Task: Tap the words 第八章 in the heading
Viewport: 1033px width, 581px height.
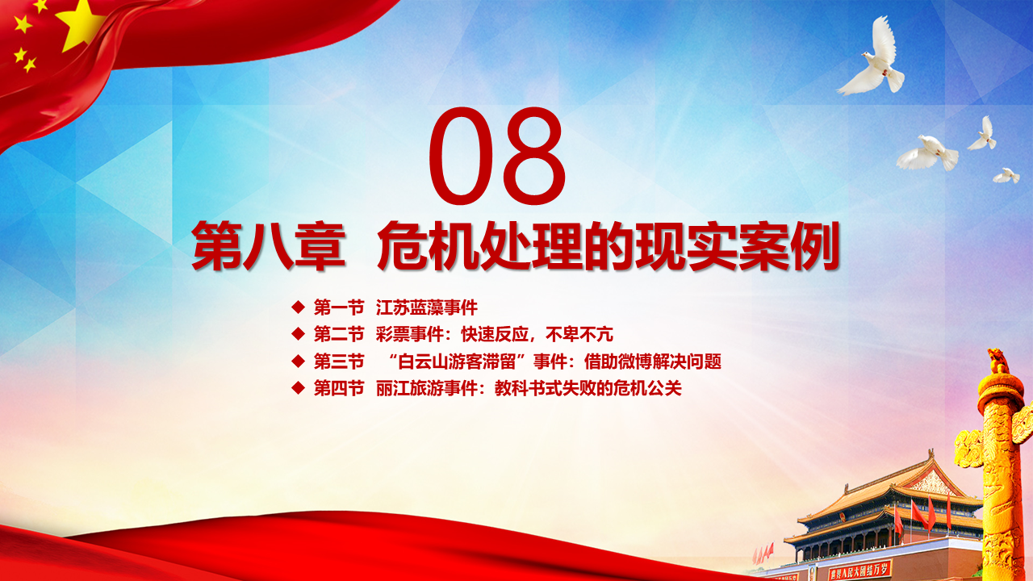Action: tap(269, 246)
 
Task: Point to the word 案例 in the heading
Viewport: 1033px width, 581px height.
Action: tap(788, 246)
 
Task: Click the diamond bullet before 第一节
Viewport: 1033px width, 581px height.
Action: tap(299, 307)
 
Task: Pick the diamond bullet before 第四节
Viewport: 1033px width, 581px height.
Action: tap(299, 388)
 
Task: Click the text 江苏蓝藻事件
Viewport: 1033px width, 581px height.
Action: tap(427, 307)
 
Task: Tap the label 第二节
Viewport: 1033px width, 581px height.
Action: tap(339, 334)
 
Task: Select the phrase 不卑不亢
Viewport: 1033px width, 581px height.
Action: tap(579, 334)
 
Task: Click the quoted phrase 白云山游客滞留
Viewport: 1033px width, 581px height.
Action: tap(457, 362)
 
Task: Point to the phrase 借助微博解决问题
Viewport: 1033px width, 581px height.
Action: tap(653, 362)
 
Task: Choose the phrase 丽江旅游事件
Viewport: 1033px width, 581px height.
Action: tap(427, 388)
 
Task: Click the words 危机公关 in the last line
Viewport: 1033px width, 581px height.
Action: tap(647, 388)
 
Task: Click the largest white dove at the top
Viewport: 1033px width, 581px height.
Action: tap(872, 60)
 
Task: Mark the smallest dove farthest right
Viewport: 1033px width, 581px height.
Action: tap(1006, 176)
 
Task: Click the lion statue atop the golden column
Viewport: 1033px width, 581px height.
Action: tap(997, 361)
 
